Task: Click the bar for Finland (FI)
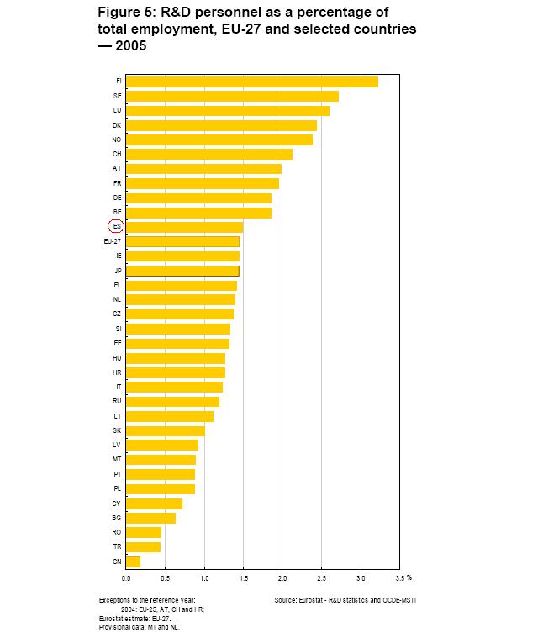tap(252, 82)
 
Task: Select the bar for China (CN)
tap(133, 561)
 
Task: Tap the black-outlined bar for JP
tap(182, 271)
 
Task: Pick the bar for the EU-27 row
tap(182, 241)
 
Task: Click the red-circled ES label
tap(116, 226)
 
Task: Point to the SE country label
tap(117, 96)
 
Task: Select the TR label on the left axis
tap(117, 546)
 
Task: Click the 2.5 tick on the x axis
tap(321, 578)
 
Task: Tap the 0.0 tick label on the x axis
tap(126, 578)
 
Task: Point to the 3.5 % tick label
tap(403, 578)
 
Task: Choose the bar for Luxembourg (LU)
tap(228, 110)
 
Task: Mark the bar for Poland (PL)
tap(161, 488)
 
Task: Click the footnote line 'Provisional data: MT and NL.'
tap(139, 627)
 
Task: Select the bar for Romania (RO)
tap(144, 532)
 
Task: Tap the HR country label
tap(117, 372)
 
